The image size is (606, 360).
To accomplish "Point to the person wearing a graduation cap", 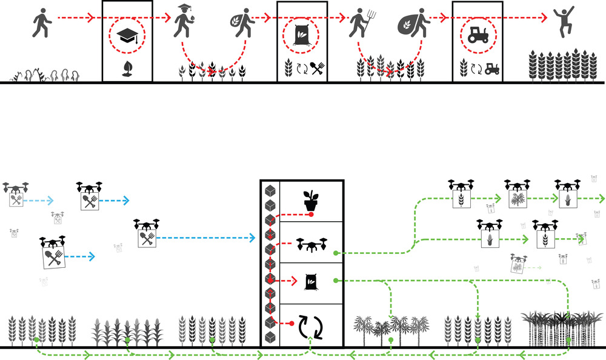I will [x=184, y=23].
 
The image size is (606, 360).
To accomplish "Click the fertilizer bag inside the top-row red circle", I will [x=301, y=36].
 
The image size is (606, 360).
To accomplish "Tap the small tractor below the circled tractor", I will [x=490, y=68].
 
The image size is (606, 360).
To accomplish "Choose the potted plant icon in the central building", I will [x=311, y=201].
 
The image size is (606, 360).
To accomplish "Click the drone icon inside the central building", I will [x=311, y=245].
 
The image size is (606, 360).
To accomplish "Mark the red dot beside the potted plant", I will [x=311, y=215].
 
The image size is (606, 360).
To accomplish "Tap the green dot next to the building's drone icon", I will [x=336, y=252].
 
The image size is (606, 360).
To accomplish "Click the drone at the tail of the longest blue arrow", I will [x=146, y=233].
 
